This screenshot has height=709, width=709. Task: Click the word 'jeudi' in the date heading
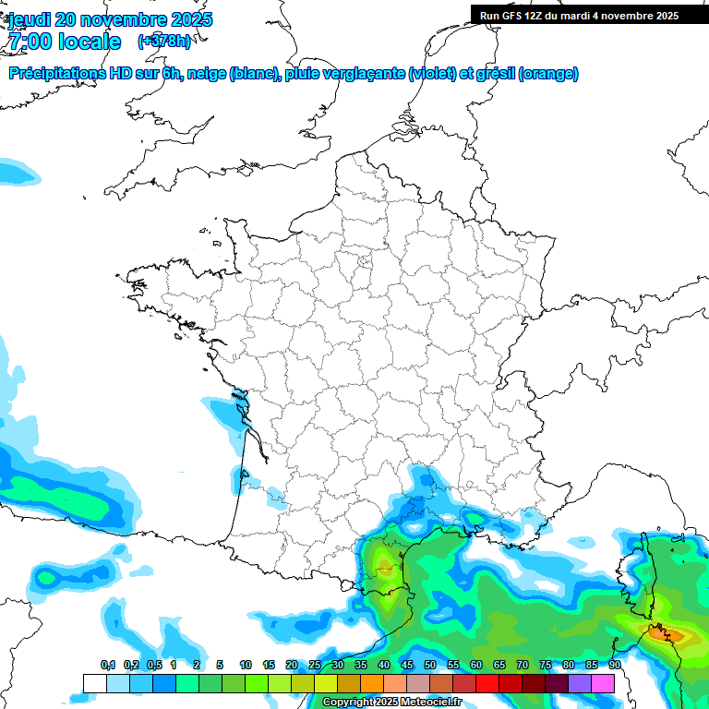tap(29, 19)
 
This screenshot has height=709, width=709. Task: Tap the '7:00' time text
tap(29, 42)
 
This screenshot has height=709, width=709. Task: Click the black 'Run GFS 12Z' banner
tap(579, 15)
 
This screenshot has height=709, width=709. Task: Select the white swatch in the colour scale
tap(94, 683)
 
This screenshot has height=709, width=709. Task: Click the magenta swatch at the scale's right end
tap(603, 683)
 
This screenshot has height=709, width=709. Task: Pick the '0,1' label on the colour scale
tap(108, 666)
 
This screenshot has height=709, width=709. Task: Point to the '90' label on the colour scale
tap(615, 666)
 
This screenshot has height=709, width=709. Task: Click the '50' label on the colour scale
tap(430, 666)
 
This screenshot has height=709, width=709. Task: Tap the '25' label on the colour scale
tap(315, 666)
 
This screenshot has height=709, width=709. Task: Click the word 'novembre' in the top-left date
tap(130, 19)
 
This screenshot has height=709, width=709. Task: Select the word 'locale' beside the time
tap(90, 42)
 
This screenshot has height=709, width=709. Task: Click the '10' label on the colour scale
tap(246, 666)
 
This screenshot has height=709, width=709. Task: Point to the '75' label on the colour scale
tap(546, 666)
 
